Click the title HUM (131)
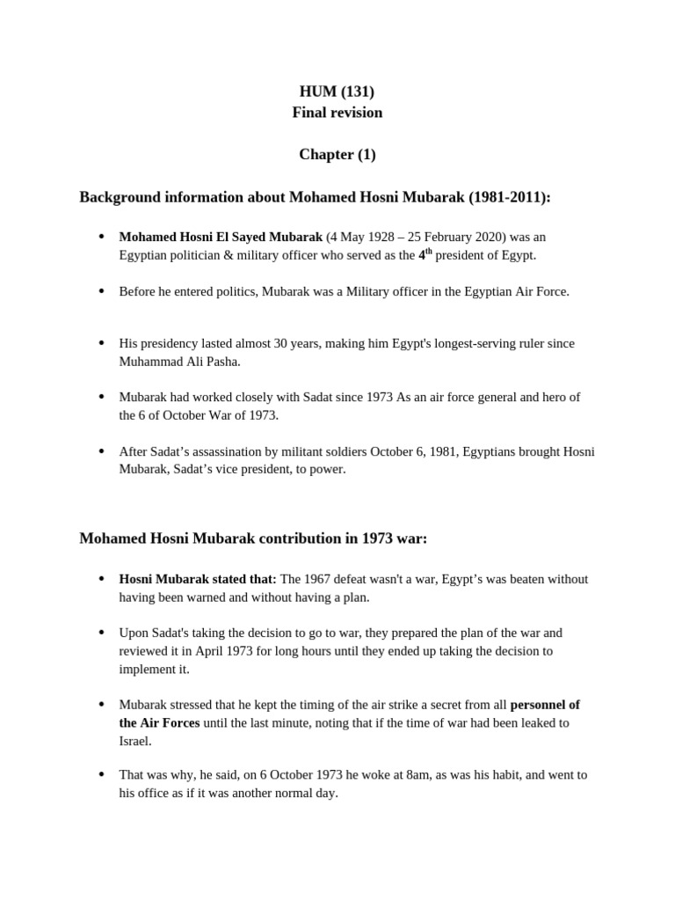(337, 92)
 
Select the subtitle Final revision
(337, 113)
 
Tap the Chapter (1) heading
(337, 155)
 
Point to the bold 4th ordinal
(425, 254)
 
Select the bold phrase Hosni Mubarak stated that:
(198, 579)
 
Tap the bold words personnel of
(545, 705)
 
